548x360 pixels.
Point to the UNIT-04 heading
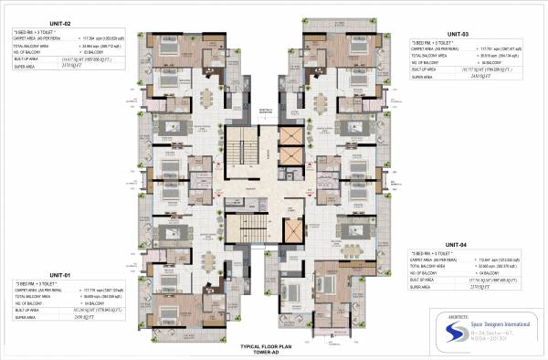pos(457,245)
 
